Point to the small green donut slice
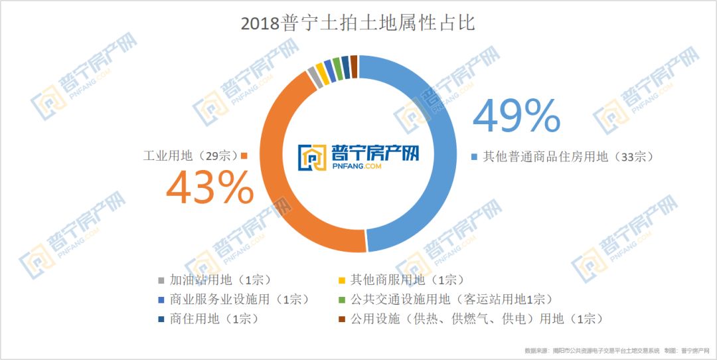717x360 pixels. tap(337, 68)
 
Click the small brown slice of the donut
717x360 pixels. tap(354, 66)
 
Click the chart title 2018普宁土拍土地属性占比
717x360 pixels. tap(358, 24)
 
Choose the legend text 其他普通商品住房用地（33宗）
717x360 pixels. tap(568, 157)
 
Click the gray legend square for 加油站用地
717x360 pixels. tap(161, 280)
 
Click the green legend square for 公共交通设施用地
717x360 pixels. tap(342, 299)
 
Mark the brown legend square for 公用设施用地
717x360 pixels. tap(342, 319)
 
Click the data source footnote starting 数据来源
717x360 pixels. tap(611, 350)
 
